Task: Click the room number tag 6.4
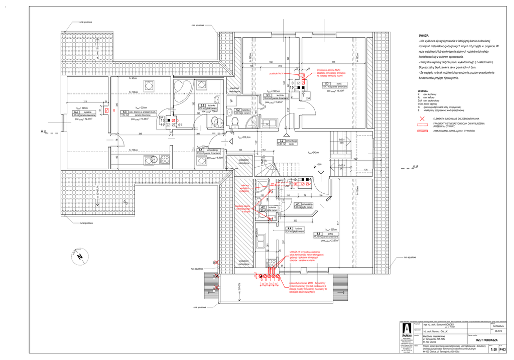pyautogui.click(x=76, y=112)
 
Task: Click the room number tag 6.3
pyautogui.click(x=123, y=112)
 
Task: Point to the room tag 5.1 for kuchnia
pyautogui.click(x=268, y=95)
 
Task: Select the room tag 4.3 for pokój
pyautogui.click(x=318, y=233)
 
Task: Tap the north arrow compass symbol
pyautogui.click(x=79, y=256)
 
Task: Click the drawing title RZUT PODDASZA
pyautogui.click(x=486, y=340)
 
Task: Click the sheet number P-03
pyautogui.click(x=501, y=349)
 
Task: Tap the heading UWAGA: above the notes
pyautogui.click(x=417, y=36)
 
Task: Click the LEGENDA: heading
pyautogui.click(x=423, y=91)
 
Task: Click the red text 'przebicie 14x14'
pyautogui.click(x=277, y=73)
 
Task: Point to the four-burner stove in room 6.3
pyautogui.click(x=164, y=160)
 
